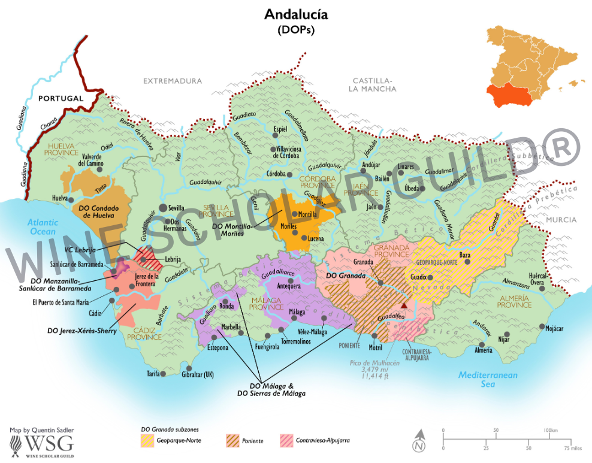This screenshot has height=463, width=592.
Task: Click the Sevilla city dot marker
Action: [162, 208]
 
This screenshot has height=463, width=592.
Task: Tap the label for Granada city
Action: [364, 262]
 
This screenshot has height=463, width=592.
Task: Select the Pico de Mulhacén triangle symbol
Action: [404, 305]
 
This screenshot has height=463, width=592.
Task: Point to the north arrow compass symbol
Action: [420, 443]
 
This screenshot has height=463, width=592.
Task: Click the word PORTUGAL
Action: [60, 98]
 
